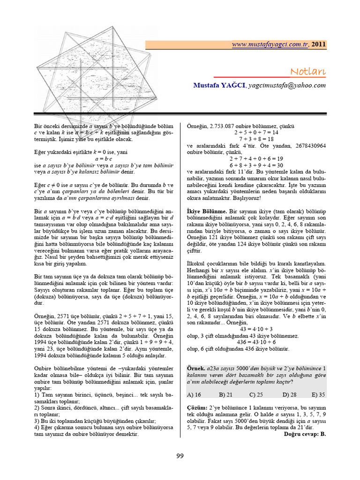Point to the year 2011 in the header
(318, 45)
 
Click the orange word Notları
(307, 71)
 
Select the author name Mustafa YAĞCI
(219, 85)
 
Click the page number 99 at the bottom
(180, 457)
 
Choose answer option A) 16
(194, 395)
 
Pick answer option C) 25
(255, 395)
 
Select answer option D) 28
(287, 395)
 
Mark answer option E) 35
(318, 395)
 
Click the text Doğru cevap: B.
(305, 434)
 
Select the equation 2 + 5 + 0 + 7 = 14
(256, 133)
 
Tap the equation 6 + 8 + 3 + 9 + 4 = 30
(256, 165)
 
